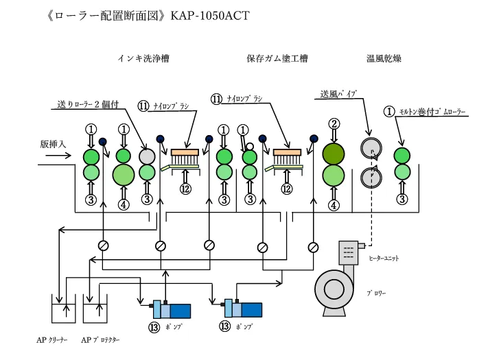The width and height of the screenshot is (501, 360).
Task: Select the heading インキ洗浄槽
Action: pos(143,59)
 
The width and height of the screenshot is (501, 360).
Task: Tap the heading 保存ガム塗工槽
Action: pos(277,59)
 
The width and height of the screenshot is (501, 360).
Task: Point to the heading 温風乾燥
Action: pos(384,59)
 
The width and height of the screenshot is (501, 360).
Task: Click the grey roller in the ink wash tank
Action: pos(147,156)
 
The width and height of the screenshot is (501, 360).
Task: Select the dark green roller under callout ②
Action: pos(334,153)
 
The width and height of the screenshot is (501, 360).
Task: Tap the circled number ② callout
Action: pos(334,124)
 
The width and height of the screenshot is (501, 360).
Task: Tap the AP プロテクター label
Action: pos(100,339)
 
